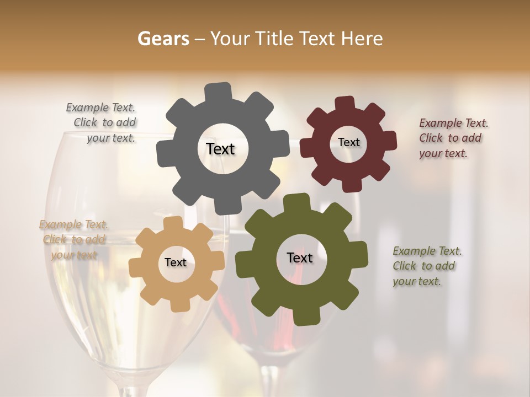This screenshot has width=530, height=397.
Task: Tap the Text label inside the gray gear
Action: [x=220, y=149]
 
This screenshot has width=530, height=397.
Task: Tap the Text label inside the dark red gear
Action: [x=348, y=142]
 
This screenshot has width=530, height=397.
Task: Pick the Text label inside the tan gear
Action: [x=175, y=262]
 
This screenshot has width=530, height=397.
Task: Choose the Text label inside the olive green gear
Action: [x=300, y=257]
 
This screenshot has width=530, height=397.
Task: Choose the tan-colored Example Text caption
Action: [x=73, y=239]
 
